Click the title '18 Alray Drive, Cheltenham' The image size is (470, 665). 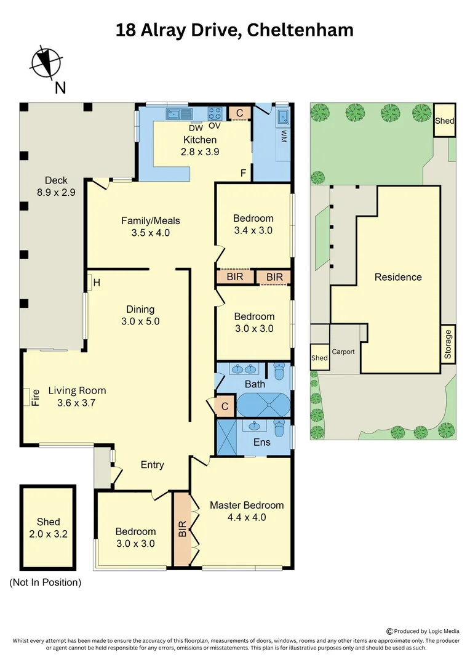tap(234, 30)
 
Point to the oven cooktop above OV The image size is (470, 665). tap(215, 113)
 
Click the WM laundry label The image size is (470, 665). tap(284, 136)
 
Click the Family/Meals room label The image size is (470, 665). tap(150, 227)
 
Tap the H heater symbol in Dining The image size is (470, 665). tap(95, 283)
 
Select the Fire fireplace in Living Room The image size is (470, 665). tap(28, 396)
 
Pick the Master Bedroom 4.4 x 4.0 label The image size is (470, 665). tap(247, 511)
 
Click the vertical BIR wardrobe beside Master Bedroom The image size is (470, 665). tap(182, 529)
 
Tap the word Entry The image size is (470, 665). tap(152, 465)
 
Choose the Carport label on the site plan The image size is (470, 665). tap(343, 352)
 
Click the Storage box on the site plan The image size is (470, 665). tap(448, 344)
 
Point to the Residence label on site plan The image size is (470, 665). tap(398, 277)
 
